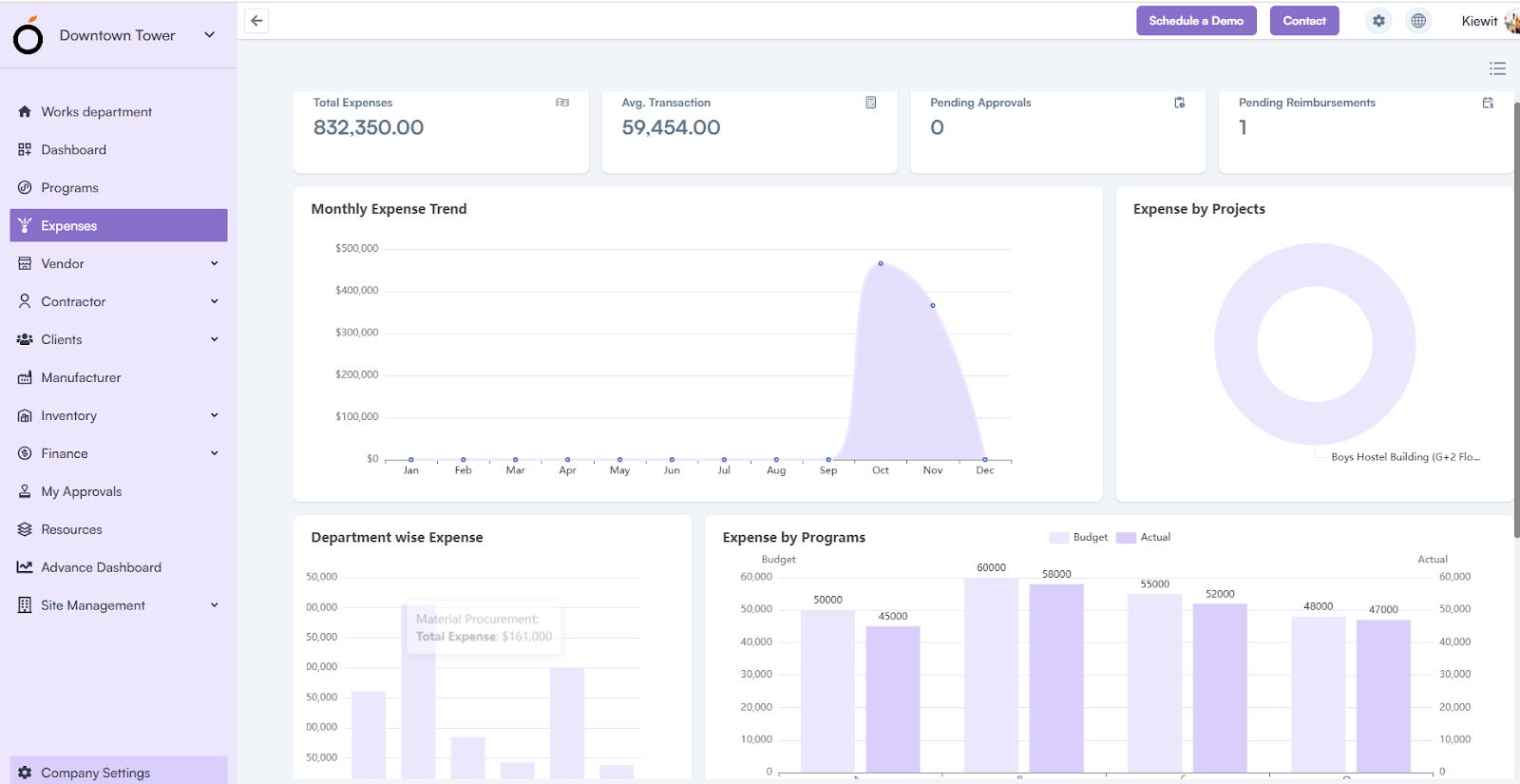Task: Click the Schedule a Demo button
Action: (x=1196, y=21)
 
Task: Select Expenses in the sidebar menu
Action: (x=119, y=225)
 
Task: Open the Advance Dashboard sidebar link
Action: (x=101, y=567)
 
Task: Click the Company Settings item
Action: (x=95, y=773)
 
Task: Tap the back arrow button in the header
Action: (x=256, y=21)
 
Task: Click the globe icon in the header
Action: (x=1418, y=21)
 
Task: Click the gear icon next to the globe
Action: (x=1378, y=21)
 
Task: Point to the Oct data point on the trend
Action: (x=881, y=263)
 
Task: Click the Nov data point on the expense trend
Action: (x=933, y=305)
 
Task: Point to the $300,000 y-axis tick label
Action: (x=356, y=333)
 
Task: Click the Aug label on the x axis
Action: (x=776, y=470)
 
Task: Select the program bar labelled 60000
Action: (x=991, y=675)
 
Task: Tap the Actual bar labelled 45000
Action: (x=893, y=698)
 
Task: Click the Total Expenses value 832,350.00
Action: (x=369, y=127)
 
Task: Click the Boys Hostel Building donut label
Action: (x=1405, y=457)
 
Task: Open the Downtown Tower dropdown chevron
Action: (x=209, y=35)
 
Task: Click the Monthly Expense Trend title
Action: (x=389, y=209)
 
